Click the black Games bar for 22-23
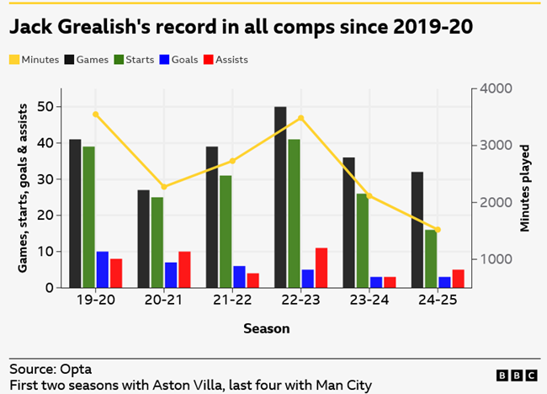[280, 197]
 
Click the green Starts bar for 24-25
[430, 258]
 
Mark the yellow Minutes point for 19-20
[95, 114]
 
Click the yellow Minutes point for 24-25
[438, 229]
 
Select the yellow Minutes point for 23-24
[369, 196]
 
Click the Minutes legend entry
[35, 60]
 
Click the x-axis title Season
[266, 328]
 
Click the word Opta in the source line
[76, 369]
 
